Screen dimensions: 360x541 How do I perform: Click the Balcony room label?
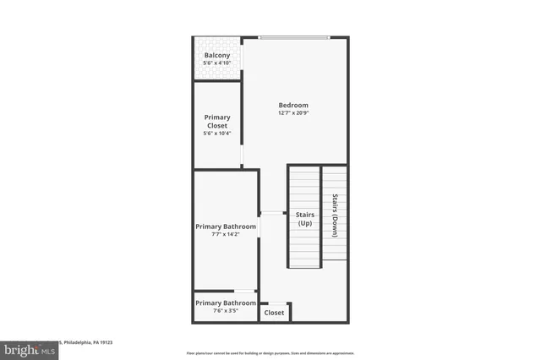click(x=217, y=56)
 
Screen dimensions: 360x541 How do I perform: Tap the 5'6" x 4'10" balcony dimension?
click(x=217, y=64)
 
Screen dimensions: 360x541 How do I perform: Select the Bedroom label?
click(x=293, y=105)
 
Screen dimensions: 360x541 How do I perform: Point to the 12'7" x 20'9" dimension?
click(x=293, y=113)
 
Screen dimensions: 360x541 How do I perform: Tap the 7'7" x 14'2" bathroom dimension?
click(x=226, y=235)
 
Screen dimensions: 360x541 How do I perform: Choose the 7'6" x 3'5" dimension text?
click(x=226, y=311)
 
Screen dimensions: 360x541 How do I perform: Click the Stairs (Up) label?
click(x=305, y=219)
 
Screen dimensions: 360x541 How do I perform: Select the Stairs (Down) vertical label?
click(x=335, y=216)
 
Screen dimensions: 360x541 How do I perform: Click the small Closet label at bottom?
click(x=274, y=313)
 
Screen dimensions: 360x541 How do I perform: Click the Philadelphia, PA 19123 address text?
click(x=88, y=342)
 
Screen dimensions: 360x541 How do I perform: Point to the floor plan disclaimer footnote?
click(x=270, y=352)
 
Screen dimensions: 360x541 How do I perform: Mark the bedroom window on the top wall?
click(x=293, y=37)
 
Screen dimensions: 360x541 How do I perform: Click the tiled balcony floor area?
click(x=217, y=71)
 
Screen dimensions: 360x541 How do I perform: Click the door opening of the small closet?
click(x=276, y=302)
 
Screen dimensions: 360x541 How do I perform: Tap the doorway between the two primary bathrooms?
click(x=245, y=291)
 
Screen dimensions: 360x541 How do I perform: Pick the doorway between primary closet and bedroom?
click(x=243, y=152)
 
